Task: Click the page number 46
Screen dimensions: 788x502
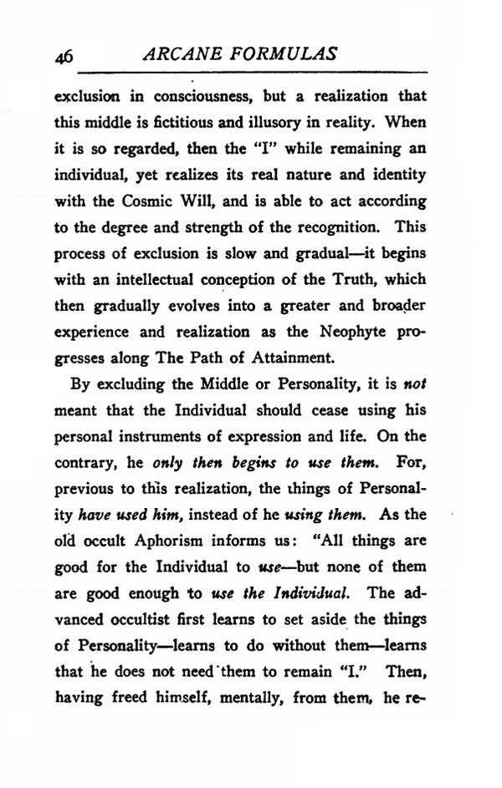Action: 64,57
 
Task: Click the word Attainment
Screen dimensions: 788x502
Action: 289,358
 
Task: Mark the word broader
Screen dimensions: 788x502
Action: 395,305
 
